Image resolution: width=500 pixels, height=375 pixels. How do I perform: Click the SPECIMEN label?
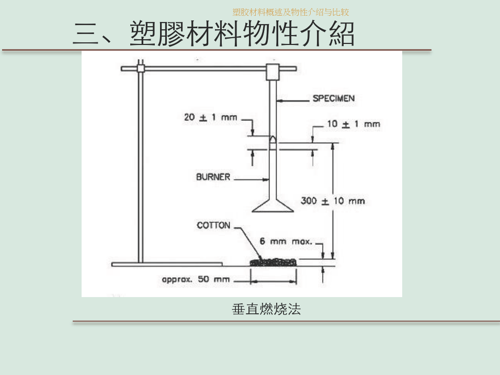(x=333, y=98)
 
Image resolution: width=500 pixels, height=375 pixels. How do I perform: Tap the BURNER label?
(x=213, y=177)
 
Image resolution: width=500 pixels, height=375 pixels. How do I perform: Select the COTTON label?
(x=213, y=225)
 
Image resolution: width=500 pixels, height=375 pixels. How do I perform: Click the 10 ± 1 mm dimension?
(x=354, y=124)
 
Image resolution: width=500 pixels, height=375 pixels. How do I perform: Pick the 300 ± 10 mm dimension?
(x=333, y=201)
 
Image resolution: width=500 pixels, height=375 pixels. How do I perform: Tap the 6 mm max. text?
(x=286, y=242)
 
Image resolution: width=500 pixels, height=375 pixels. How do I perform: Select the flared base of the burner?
(x=273, y=206)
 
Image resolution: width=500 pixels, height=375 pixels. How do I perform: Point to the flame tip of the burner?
(x=273, y=139)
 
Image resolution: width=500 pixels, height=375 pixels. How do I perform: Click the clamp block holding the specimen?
(x=273, y=72)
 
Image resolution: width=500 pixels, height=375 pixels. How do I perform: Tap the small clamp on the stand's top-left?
(x=140, y=67)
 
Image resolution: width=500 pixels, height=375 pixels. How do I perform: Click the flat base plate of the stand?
(x=167, y=264)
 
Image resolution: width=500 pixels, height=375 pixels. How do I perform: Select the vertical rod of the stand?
(x=140, y=167)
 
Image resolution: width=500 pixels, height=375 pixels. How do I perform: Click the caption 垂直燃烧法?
(x=266, y=309)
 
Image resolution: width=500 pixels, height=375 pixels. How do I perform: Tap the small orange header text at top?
(x=291, y=12)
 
